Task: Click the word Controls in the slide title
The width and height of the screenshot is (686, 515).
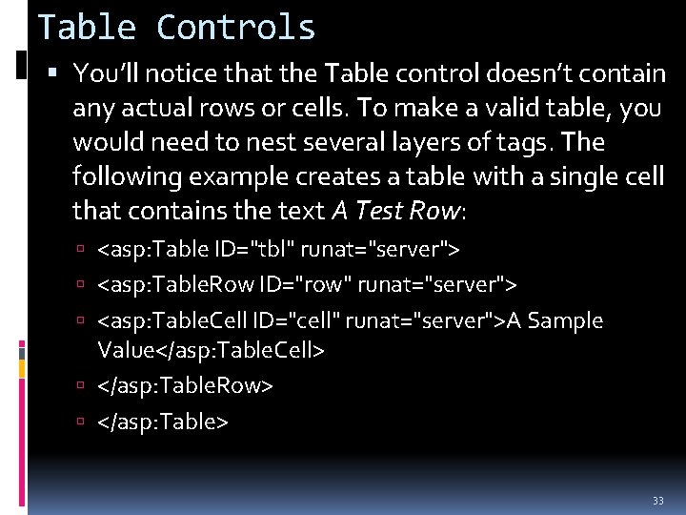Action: click(x=235, y=27)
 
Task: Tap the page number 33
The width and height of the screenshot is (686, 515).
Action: click(x=657, y=501)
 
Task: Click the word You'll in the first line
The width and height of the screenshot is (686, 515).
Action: click(x=108, y=73)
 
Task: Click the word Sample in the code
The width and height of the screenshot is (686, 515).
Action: click(x=565, y=320)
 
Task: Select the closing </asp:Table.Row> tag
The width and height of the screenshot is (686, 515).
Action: click(x=186, y=385)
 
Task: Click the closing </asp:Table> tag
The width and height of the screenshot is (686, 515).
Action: click(x=163, y=421)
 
